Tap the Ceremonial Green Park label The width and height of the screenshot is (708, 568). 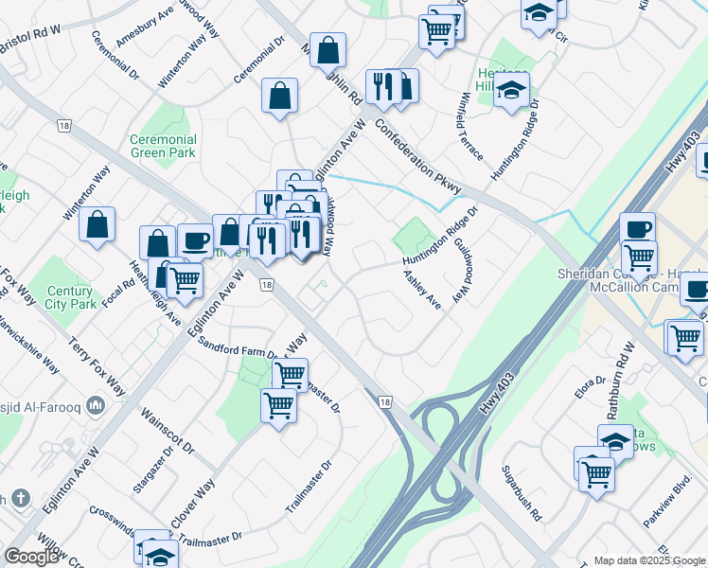(164, 145)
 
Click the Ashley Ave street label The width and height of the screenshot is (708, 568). (422, 291)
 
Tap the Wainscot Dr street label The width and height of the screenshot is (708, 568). (167, 431)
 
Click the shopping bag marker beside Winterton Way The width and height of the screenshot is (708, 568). (97, 225)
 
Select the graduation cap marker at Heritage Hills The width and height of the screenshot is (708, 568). (511, 90)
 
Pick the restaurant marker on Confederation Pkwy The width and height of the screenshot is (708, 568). (383, 87)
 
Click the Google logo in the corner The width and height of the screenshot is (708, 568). (31, 557)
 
